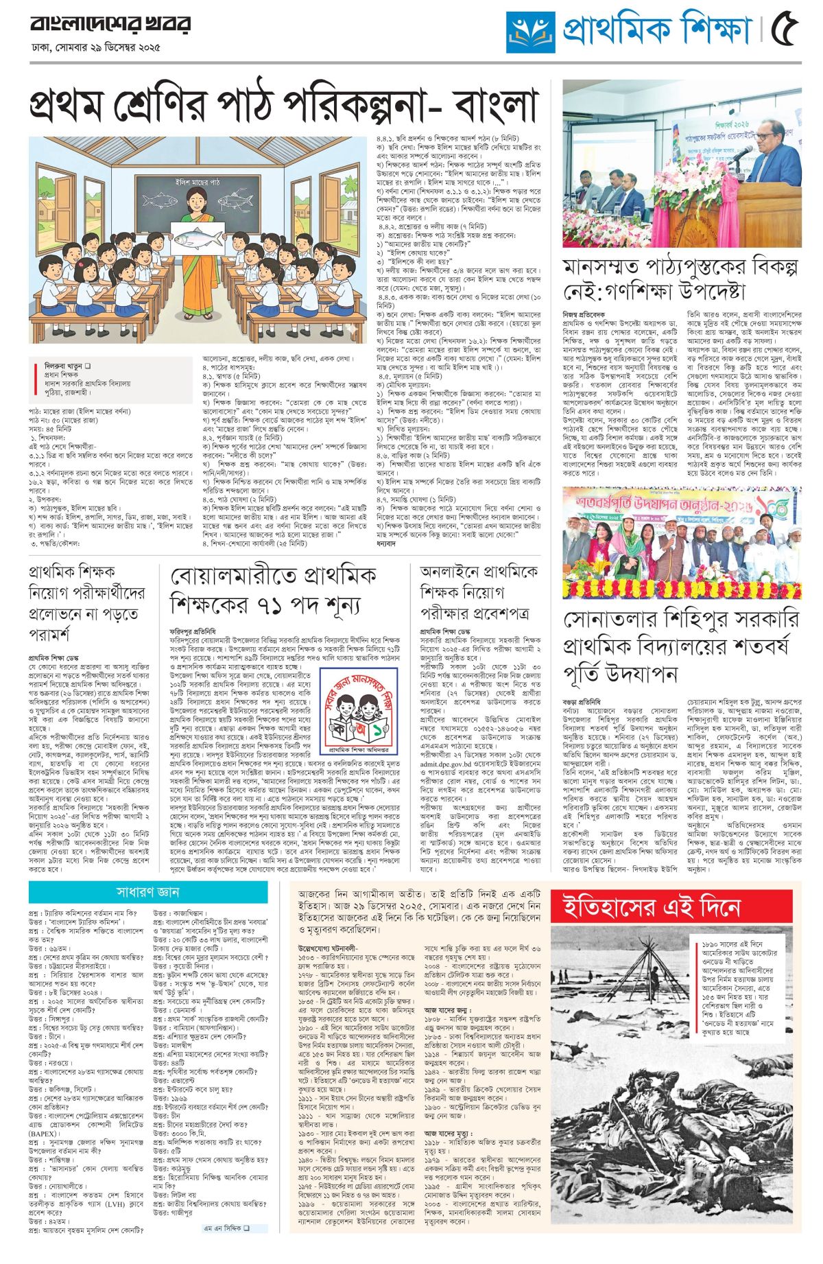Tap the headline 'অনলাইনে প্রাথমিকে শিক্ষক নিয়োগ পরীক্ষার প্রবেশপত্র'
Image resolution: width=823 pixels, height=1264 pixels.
(x=479, y=592)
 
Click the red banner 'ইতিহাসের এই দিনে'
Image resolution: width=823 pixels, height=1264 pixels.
(x=651, y=907)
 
